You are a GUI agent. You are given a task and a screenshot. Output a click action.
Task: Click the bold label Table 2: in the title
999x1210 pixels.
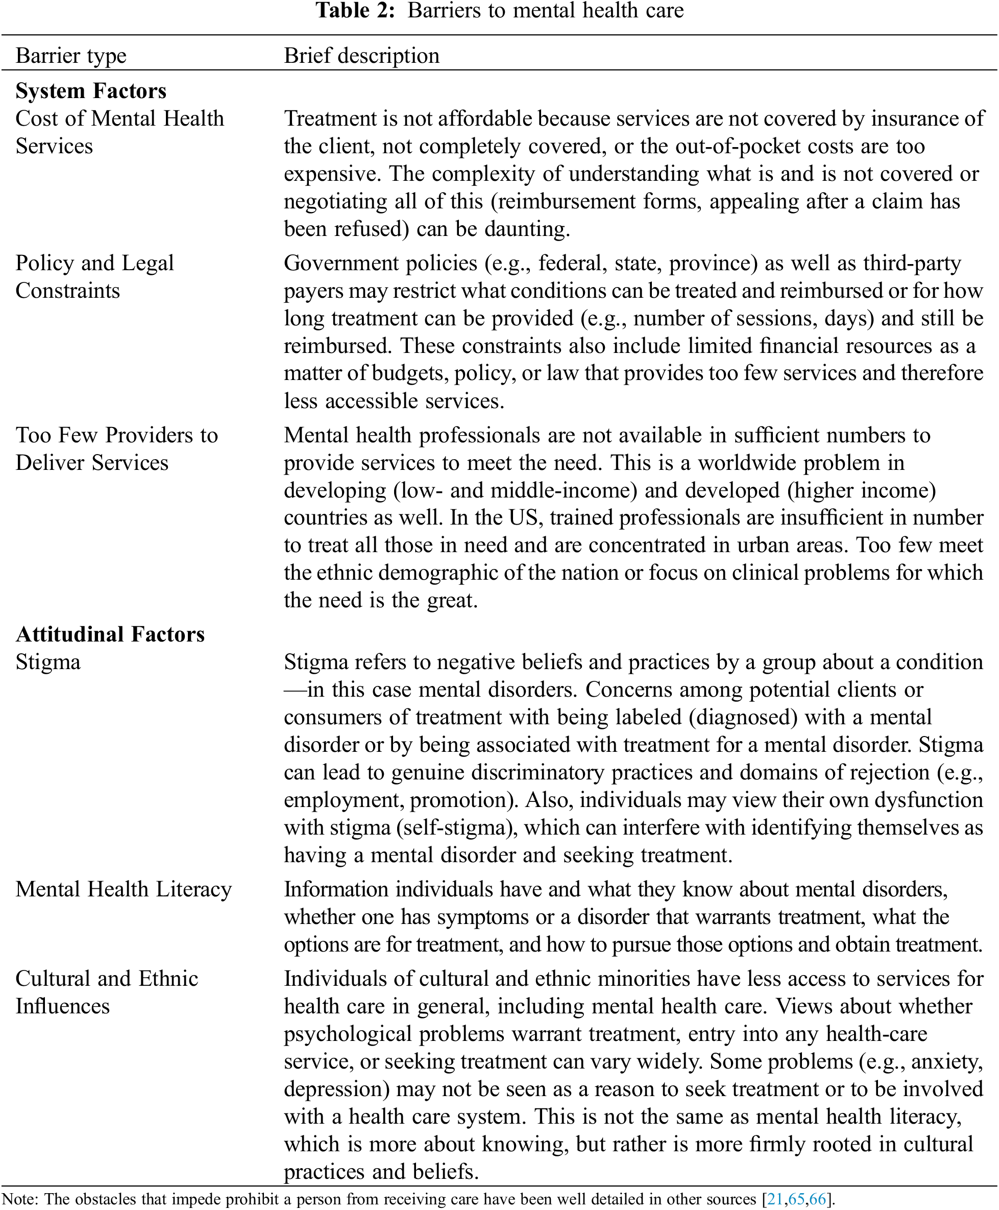pyautogui.click(x=355, y=11)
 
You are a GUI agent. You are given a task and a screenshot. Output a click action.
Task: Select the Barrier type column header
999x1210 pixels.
pyautogui.click(x=71, y=56)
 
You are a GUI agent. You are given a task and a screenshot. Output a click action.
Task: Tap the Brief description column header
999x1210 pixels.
pyautogui.click(x=361, y=56)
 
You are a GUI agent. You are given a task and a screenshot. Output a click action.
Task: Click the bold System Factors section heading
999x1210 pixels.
pyautogui.click(x=91, y=91)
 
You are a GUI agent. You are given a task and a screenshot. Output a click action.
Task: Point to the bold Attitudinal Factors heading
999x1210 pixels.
pyautogui.click(x=110, y=634)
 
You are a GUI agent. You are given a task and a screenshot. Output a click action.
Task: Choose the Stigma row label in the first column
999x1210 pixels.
pyautogui.click(x=48, y=662)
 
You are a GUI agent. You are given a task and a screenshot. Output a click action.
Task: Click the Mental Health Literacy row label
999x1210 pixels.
pyautogui.click(x=123, y=889)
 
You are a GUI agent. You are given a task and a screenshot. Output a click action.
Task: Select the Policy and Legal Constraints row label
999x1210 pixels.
pyautogui.click(x=94, y=277)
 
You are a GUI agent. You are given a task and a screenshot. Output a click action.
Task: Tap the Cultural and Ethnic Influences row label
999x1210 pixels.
pyautogui.click(x=107, y=992)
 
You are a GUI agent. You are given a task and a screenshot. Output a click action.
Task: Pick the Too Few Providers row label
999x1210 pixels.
pyautogui.click(x=116, y=449)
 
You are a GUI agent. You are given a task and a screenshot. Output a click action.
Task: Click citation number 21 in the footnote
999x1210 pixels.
pyautogui.click(x=775, y=1200)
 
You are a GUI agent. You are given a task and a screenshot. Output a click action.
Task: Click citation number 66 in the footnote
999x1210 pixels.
pyautogui.click(x=817, y=1200)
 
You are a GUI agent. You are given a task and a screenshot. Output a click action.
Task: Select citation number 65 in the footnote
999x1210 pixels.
pyautogui.click(x=796, y=1200)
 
